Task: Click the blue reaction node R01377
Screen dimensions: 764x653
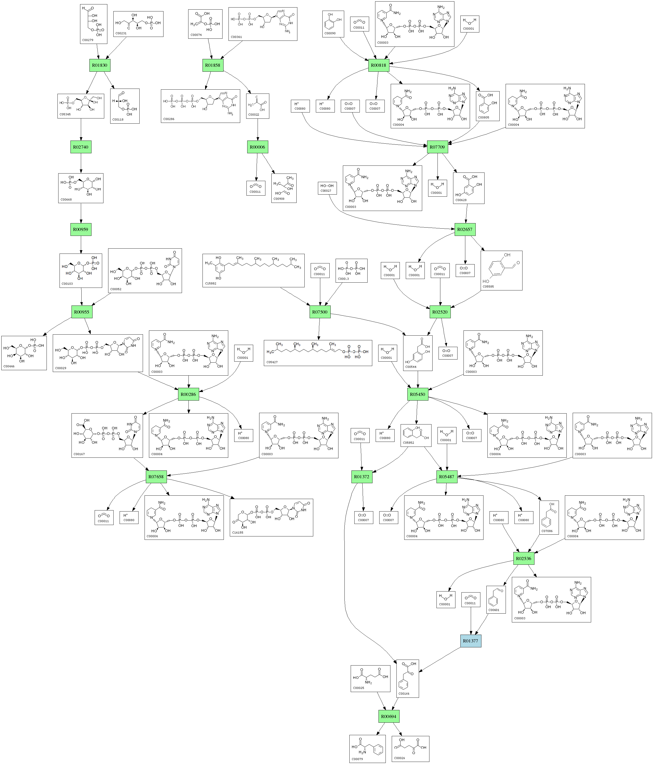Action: tap(470, 641)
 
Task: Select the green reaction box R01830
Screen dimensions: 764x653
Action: tap(100, 65)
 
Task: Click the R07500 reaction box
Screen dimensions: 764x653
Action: tap(319, 312)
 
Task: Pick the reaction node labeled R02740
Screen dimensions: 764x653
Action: tap(80, 147)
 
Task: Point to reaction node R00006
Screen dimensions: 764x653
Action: tap(257, 147)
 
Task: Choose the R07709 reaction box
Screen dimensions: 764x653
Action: tap(437, 147)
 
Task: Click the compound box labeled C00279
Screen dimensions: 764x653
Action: tap(93, 24)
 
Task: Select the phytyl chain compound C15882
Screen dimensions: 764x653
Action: tap(253, 270)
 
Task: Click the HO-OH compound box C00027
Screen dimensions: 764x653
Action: tap(327, 188)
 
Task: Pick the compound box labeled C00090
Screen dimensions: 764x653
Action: tap(333, 24)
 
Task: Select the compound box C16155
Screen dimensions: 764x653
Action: tap(271, 517)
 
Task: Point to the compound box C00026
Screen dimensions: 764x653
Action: tap(410, 748)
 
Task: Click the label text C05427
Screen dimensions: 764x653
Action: tap(272, 362)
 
